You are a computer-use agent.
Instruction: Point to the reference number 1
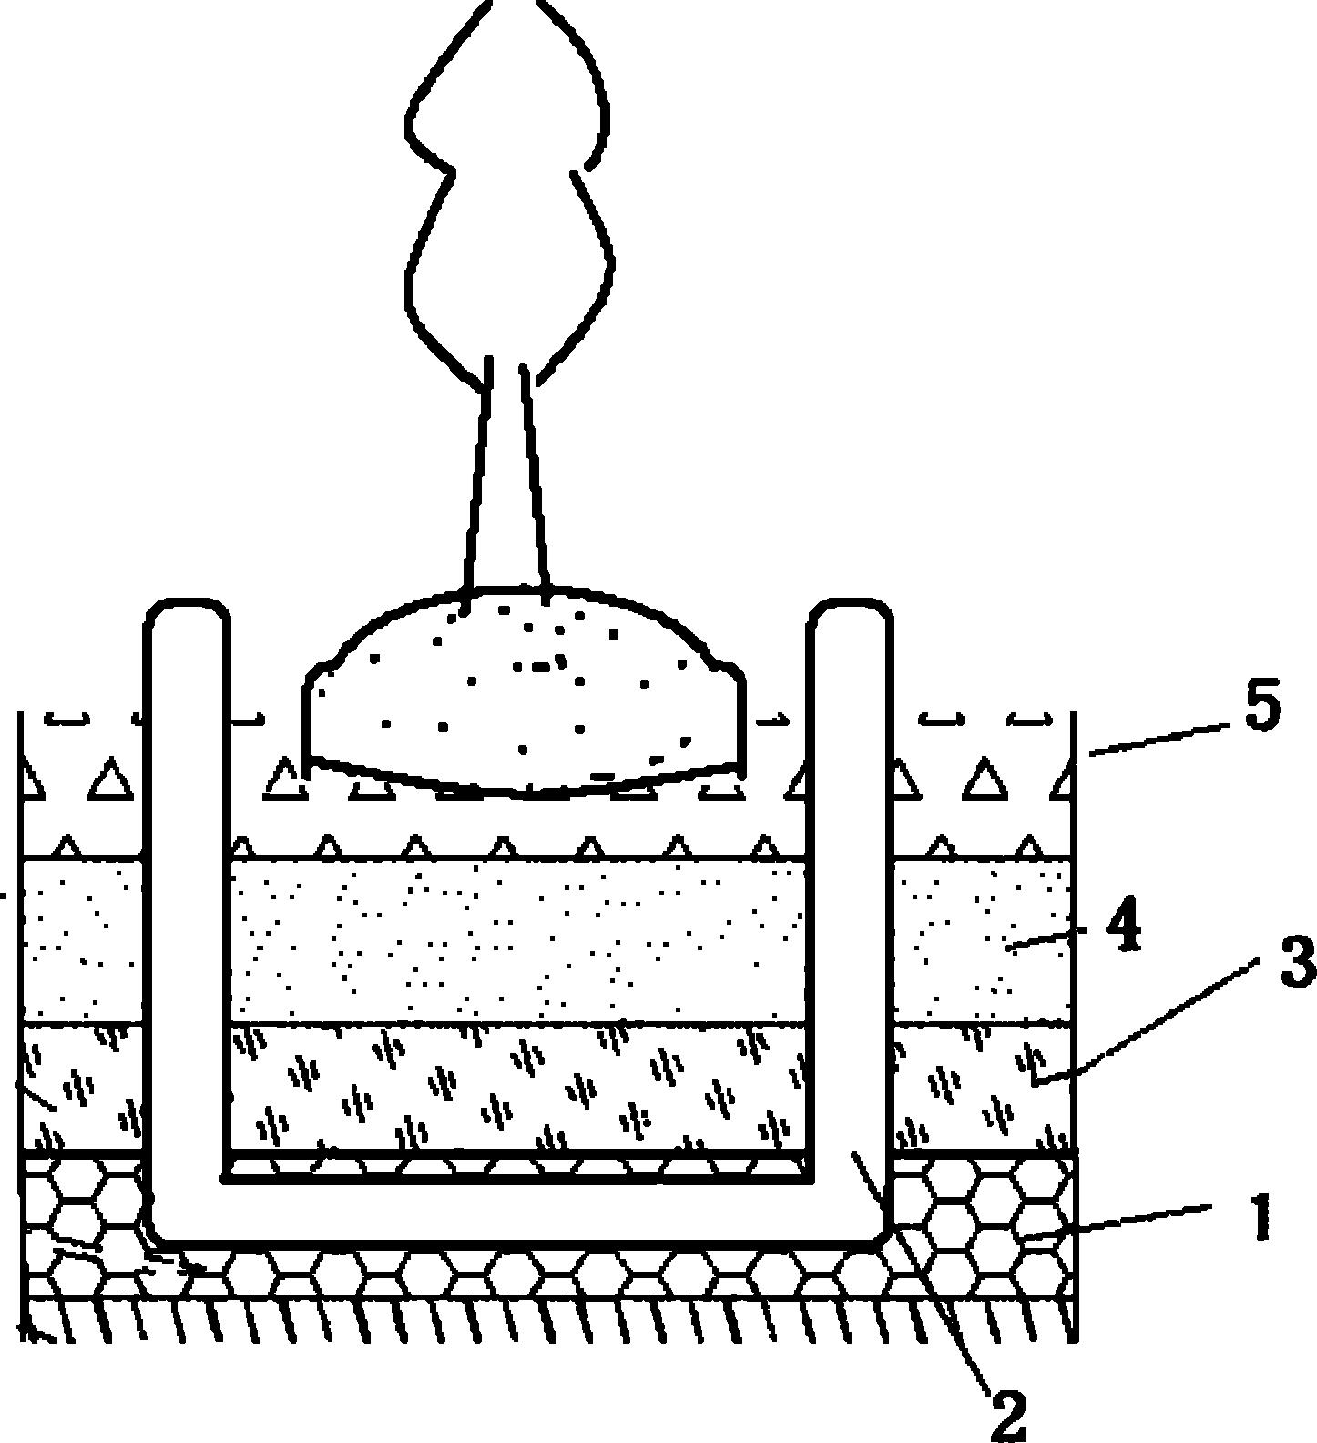tap(1261, 1219)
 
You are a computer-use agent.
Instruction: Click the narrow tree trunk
tap(506, 474)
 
